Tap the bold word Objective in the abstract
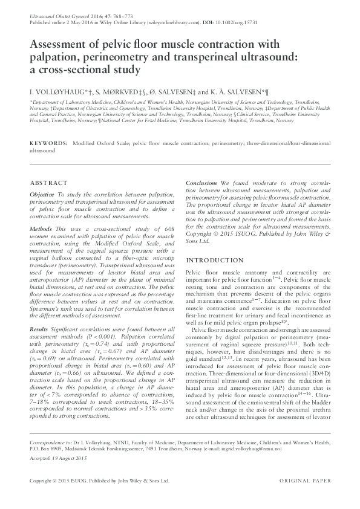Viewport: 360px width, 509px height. [42, 195]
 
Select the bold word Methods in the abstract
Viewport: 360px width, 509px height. [41, 230]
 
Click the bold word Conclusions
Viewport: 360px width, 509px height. [201, 183]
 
